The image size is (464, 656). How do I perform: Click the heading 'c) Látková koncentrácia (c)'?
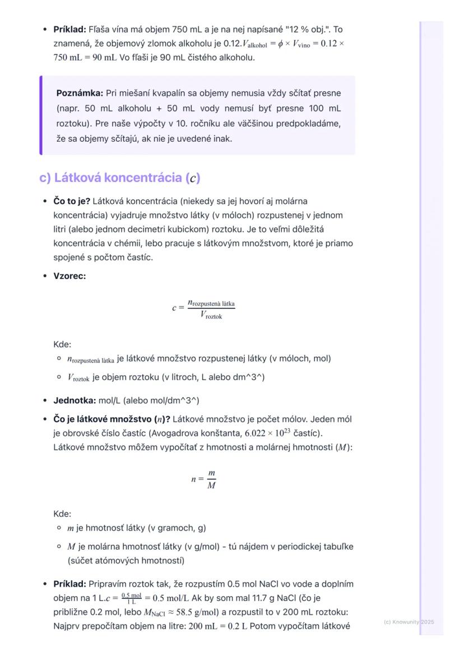point(119,178)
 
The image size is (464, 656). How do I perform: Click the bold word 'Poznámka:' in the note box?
point(79,93)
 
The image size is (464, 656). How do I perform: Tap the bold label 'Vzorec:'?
point(69,276)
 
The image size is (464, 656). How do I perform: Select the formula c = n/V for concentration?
point(203,309)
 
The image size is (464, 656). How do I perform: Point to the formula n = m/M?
point(203,479)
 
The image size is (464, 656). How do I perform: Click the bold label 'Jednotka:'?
point(75,401)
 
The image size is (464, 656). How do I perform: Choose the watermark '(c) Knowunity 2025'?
point(409,622)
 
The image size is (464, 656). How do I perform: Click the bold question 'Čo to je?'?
point(72,201)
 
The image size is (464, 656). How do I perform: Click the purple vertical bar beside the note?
point(41,115)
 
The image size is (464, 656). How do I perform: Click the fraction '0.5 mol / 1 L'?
point(132,598)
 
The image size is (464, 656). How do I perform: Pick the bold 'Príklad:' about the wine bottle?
point(69,29)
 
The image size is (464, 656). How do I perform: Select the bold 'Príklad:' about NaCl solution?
point(69,584)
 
